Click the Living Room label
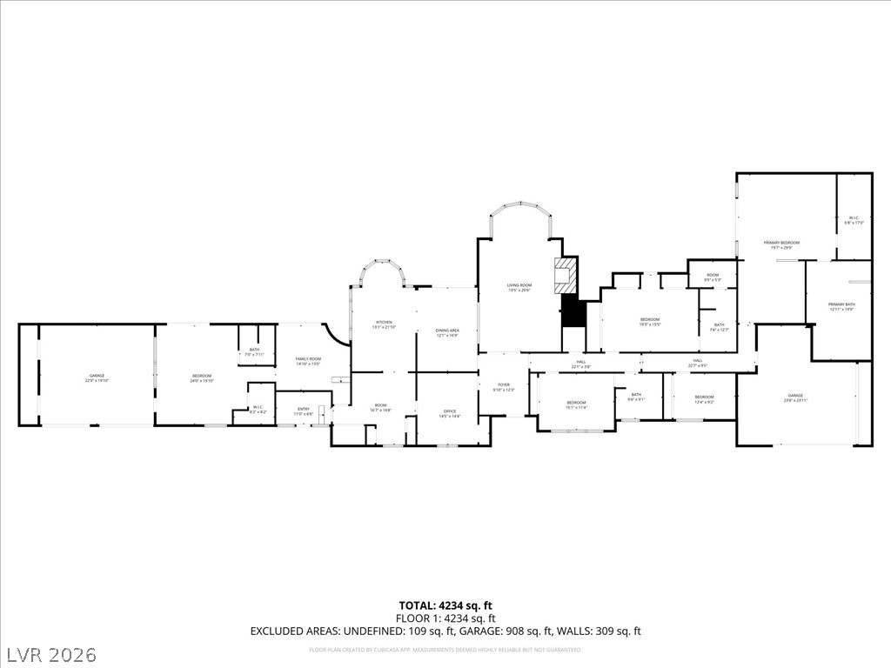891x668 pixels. (x=519, y=286)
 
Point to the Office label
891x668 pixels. (x=450, y=412)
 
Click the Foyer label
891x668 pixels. (x=503, y=386)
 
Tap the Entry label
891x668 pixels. (x=304, y=411)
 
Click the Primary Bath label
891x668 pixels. (x=841, y=304)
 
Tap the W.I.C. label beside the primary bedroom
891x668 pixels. (x=854, y=219)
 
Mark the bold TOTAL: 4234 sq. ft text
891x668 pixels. (x=445, y=605)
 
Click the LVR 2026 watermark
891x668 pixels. (x=50, y=653)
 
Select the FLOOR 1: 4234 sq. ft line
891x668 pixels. (x=445, y=618)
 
